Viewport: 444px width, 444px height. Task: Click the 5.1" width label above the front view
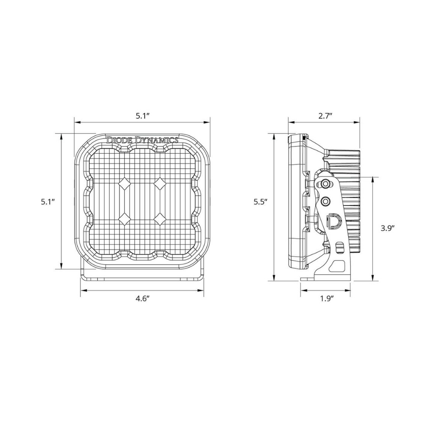coord(143,115)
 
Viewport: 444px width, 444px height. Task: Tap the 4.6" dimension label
coord(142,299)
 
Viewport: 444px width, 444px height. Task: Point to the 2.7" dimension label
coord(325,115)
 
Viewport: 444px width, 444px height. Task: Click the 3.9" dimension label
coord(388,228)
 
